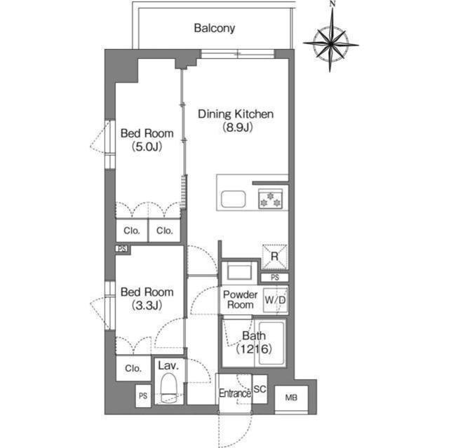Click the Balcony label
pos(215,28)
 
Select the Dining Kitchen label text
pos(236,114)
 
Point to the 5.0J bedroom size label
pos(147,147)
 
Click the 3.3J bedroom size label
pos(147,306)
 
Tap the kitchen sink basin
pos(234,199)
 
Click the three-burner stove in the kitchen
pos(270,198)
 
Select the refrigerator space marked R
pos(274,257)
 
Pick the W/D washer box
pos(275,300)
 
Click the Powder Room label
pos(240,299)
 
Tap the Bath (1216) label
pos(254,342)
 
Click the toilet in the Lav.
pos(168,387)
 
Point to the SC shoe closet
pos(260,389)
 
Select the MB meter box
pos(291,398)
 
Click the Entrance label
pos(235,393)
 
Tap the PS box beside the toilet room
pos(143,396)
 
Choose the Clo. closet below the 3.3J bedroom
pos(133,368)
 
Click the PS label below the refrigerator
pos(274,278)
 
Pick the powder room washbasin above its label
pos(239,272)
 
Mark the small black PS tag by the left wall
pos(122,249)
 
